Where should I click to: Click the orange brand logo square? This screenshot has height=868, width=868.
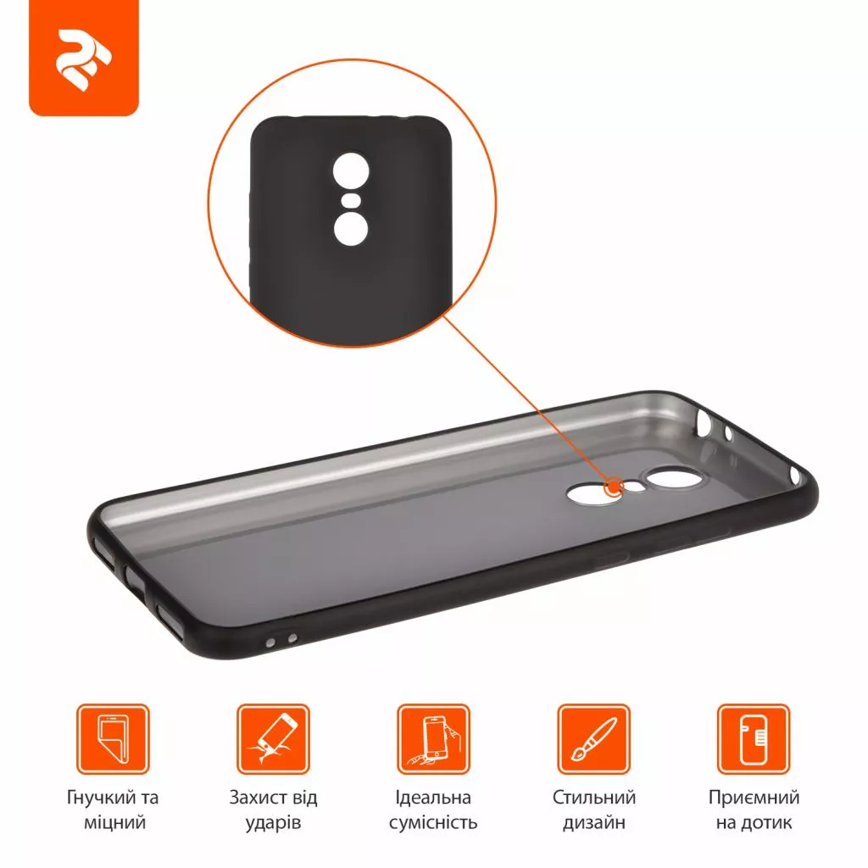pos(84,58)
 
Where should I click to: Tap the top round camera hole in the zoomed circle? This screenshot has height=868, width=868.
pos(351,169)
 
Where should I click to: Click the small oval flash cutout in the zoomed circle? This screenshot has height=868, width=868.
pos(351,200)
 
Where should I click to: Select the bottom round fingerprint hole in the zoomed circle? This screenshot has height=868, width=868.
pos(351,229)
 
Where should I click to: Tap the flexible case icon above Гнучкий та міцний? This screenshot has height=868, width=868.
pos(113,739)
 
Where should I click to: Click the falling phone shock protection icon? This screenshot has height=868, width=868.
pos(274,739)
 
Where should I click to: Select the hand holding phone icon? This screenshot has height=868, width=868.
pos(433,739)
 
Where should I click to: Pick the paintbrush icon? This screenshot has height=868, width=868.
pos(594,739)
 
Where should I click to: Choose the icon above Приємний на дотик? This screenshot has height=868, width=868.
pos(754,739)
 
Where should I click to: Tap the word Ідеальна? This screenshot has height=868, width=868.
pos(433,797)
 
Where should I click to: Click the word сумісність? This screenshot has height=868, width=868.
pos(433,822)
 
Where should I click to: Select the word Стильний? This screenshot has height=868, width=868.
pos(594,797)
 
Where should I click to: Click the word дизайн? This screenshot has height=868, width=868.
pos(594,822)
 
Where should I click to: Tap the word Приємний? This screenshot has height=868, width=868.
pos(754,797)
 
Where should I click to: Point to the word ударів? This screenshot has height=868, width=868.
pos(274,823)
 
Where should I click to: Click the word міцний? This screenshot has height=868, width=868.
pos(114,822)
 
